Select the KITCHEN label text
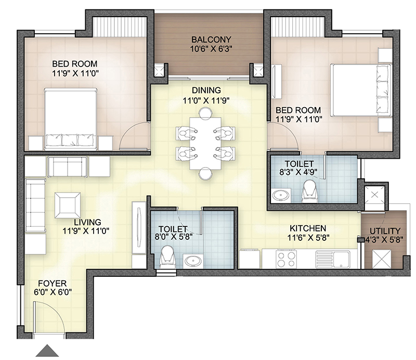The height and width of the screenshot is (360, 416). tap(307, 228)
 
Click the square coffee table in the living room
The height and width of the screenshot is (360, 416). tap(69, 204)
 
